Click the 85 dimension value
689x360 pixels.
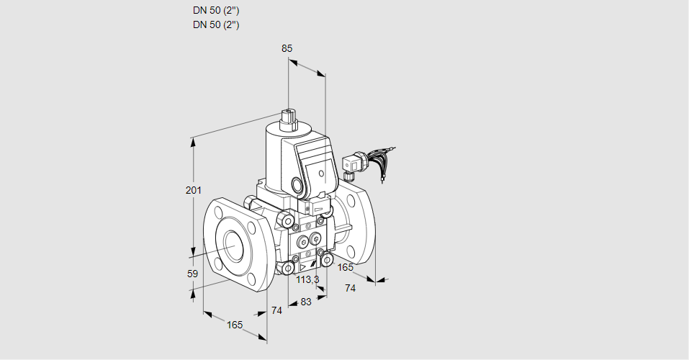tap(287, 48)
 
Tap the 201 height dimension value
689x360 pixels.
tap(193, 190)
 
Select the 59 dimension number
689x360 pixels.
tap(192, 274)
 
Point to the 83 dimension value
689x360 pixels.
tap(306, 302)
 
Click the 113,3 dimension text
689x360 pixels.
tap(308, 279)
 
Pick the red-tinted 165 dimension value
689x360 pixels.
tap(346, 268)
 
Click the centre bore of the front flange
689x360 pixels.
tap(233, 247)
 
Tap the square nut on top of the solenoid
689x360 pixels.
tap(289, 115)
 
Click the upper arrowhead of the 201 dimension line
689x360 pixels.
tap(193, 140)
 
